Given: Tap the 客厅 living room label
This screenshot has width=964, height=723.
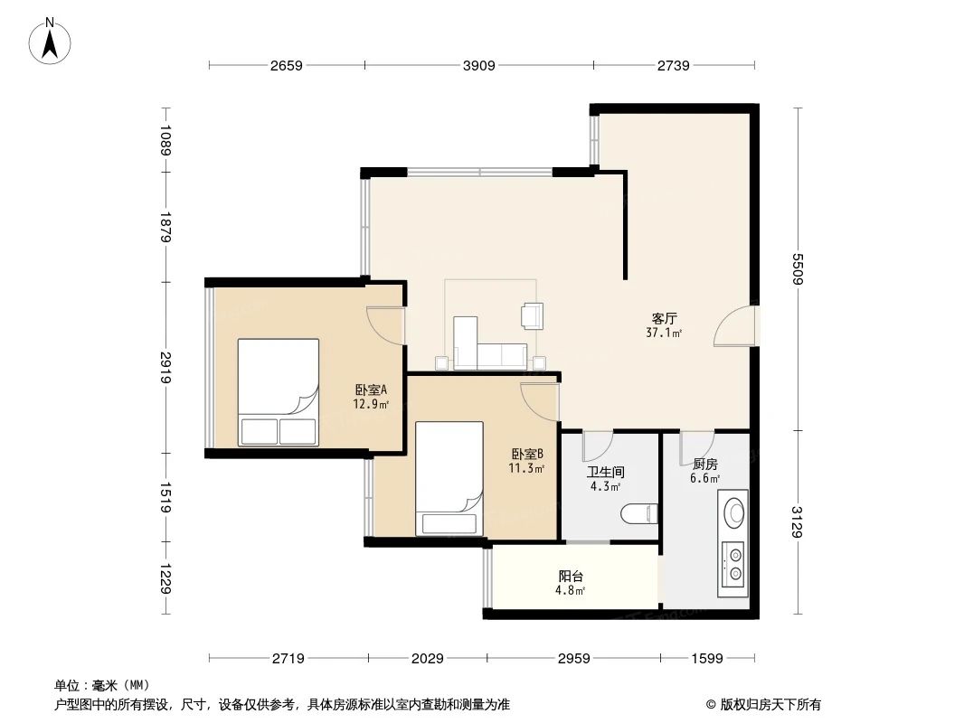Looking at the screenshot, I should pyautogui.click(x=665, y=318).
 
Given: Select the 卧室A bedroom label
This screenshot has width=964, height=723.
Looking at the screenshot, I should pyautogui.click(x=371, y=390).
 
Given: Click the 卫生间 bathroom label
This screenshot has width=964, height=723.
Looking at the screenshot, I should pyautogui.click(x=605, y=472).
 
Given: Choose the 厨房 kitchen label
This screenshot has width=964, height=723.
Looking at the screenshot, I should pyautogui.click(x=704, y=464).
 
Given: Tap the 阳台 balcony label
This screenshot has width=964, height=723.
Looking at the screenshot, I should pyautogui.click(x=570, y=576).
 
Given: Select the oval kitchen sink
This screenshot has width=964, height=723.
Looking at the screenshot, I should pyautogui.click(x=734, y=512).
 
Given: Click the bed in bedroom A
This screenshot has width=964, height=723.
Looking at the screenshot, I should pyautogui.click(x=279, y=391).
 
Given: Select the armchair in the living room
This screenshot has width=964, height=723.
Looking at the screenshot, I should pyautogui.click(x=532, y=315).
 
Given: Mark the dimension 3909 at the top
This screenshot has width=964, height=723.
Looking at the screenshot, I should pyautogui.click(x=479, y=65).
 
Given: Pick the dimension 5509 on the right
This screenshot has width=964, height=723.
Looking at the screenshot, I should pyautogui.click(x=799, y=268).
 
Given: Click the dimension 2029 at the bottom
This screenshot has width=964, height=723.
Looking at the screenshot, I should pyautogui.click(x=426, y=659).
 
